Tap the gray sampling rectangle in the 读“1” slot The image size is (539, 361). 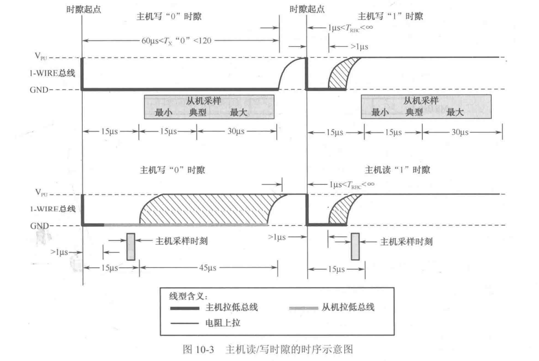pyautogui.click(x=355, y=246)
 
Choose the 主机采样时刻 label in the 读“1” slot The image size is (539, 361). pyautogui.click(x=406, y=242)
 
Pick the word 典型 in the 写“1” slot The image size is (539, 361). pyautogui.click(x=414, y=113)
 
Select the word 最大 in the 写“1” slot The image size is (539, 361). pyautogui.click(x=455, y=113)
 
